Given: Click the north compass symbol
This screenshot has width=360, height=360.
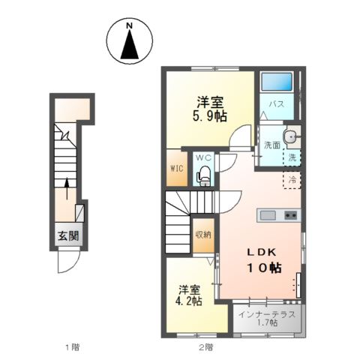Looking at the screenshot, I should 129,43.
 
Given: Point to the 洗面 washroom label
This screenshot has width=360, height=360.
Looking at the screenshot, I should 271,145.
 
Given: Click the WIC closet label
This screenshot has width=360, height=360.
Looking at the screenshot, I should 177,168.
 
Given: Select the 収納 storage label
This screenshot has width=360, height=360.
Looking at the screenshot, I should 203,235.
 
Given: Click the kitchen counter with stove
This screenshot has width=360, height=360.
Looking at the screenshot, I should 278,216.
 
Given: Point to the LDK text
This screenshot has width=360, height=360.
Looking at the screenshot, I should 260,253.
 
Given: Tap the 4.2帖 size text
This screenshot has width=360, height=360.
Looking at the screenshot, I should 189,301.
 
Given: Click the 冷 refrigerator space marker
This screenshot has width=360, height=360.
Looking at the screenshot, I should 292,180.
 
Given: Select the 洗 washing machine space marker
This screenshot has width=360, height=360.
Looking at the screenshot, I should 292,157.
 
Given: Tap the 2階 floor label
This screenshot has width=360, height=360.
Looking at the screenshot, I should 205,346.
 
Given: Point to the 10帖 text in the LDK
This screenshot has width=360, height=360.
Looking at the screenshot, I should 260,268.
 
